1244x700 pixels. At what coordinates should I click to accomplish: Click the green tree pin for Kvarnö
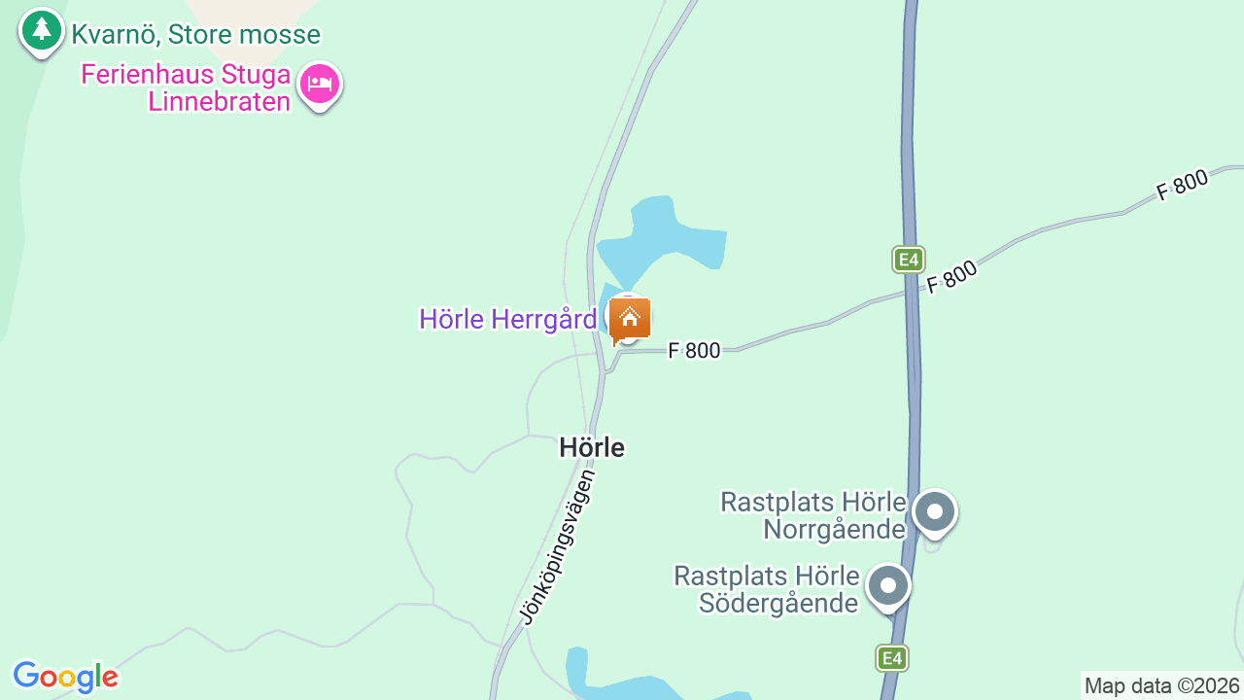point(41,30)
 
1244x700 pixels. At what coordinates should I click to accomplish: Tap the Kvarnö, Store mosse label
point(195,35)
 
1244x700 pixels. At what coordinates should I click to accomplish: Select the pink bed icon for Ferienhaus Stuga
point(319,84)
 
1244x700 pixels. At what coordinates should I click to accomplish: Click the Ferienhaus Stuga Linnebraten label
point(186,88)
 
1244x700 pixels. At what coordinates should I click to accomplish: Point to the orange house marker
point(630,318)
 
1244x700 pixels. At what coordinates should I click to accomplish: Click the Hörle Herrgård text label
point(507,319)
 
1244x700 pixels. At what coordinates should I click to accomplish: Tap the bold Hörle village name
point(592,447)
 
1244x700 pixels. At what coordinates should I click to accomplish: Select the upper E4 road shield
point(908,260)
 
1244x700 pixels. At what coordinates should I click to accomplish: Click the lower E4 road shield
point(891,658)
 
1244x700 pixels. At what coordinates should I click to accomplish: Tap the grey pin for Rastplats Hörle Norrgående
point(935,510)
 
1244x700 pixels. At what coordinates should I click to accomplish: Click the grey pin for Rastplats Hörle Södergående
point(887,585)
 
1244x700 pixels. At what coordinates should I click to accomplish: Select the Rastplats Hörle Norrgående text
point(813,515)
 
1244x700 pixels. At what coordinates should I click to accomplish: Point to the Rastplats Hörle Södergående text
point(768,589)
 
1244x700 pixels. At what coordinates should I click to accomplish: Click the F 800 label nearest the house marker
point(694,351)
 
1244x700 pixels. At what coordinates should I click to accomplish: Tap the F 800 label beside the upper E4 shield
point(951,278)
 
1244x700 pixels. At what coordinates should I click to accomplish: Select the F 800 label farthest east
point(1182,185)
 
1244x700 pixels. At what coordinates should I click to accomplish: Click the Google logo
point(65,677)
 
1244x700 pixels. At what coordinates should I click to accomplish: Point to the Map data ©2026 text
point(1161,686)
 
